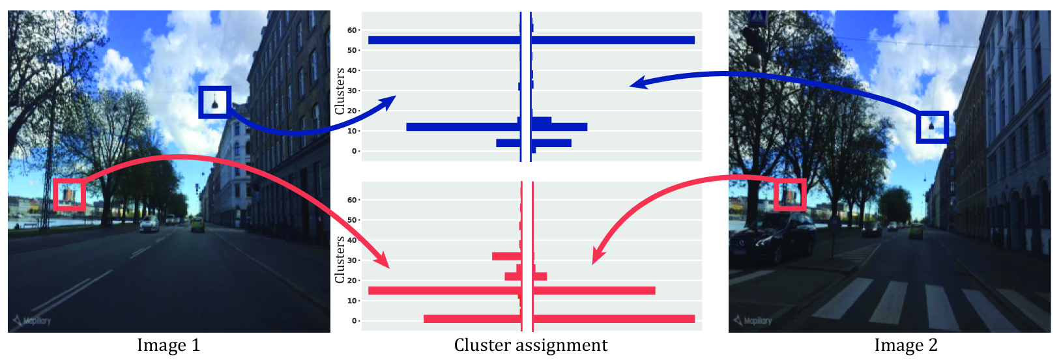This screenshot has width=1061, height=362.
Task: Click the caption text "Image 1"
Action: [168, 346]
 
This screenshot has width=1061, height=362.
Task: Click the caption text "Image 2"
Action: [905, 346]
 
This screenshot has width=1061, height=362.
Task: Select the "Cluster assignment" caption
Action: [530, 346]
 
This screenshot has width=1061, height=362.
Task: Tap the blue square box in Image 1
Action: [214, 102]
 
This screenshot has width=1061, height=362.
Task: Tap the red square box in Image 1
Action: [69, 195]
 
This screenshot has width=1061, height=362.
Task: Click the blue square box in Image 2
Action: [932, 127]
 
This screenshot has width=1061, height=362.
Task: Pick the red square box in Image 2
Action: [790, 195]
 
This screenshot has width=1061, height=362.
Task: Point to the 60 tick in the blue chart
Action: [352, 30]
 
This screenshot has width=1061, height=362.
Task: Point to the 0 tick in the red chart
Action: [355, 321]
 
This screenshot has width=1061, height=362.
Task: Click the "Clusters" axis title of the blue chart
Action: [340, 91]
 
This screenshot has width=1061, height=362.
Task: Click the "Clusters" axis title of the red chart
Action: [340, 260]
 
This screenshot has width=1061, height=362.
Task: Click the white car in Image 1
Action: [149, 224]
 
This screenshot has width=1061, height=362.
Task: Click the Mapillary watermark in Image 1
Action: [33, 320]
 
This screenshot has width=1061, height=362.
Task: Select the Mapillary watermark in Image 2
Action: [753, 320]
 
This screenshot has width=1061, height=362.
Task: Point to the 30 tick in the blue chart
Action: [352, 90]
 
